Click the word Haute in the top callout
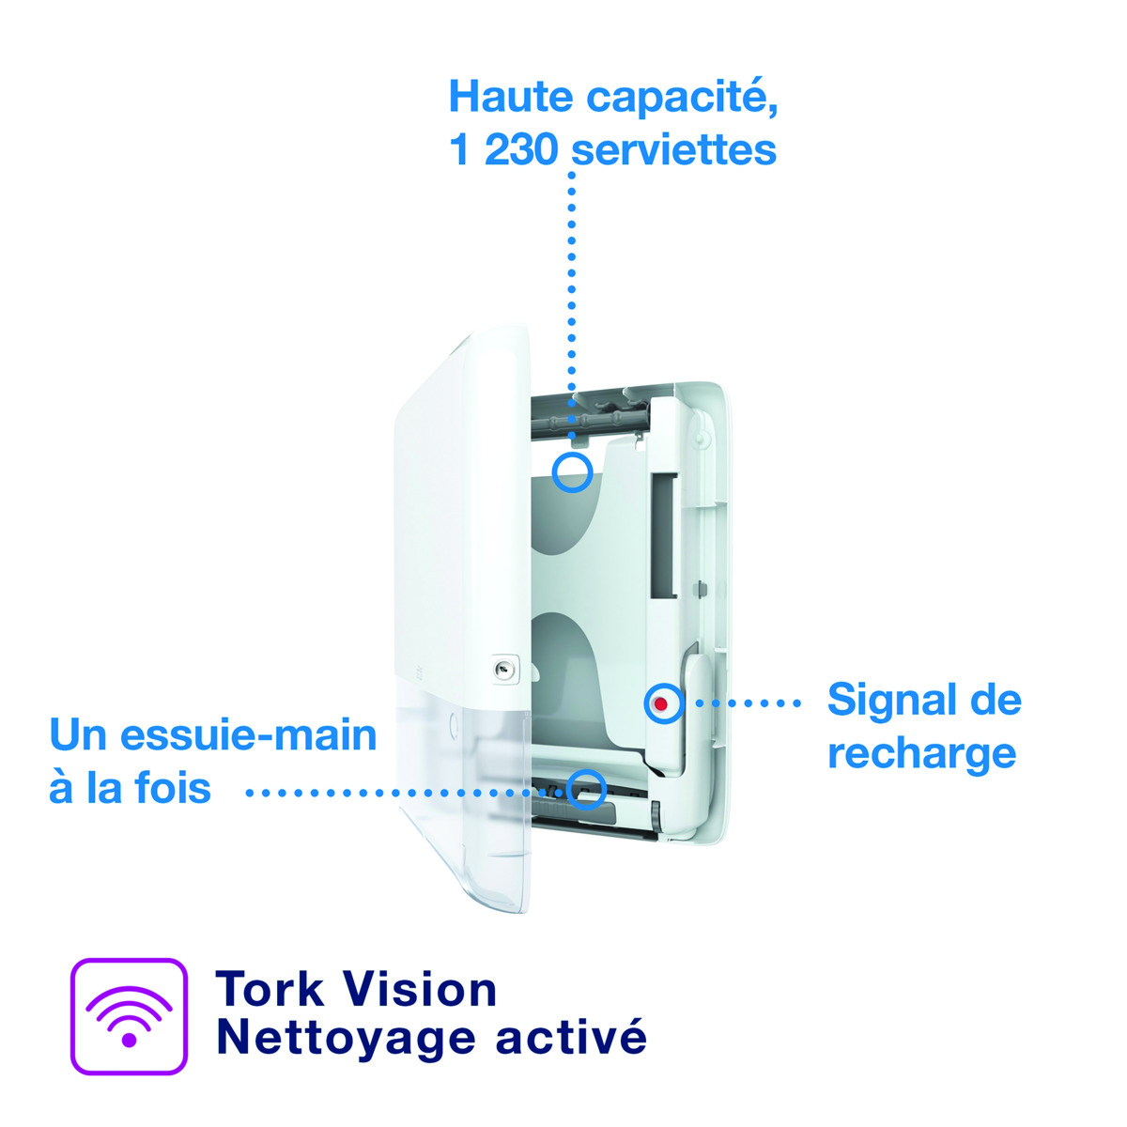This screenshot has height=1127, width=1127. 510,97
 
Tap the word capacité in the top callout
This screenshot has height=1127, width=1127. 682,100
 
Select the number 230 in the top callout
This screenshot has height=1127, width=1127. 520,149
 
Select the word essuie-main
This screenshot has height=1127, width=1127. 249,734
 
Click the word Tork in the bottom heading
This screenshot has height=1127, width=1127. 270,989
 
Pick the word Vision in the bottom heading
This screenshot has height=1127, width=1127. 419,989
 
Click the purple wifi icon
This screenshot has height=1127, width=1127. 129,1016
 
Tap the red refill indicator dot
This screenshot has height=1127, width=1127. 661,703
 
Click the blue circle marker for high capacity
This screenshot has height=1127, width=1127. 572,472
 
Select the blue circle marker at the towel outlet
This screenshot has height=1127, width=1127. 586,790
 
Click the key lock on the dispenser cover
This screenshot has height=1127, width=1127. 503,669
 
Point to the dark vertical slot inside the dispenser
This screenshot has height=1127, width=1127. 664,536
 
